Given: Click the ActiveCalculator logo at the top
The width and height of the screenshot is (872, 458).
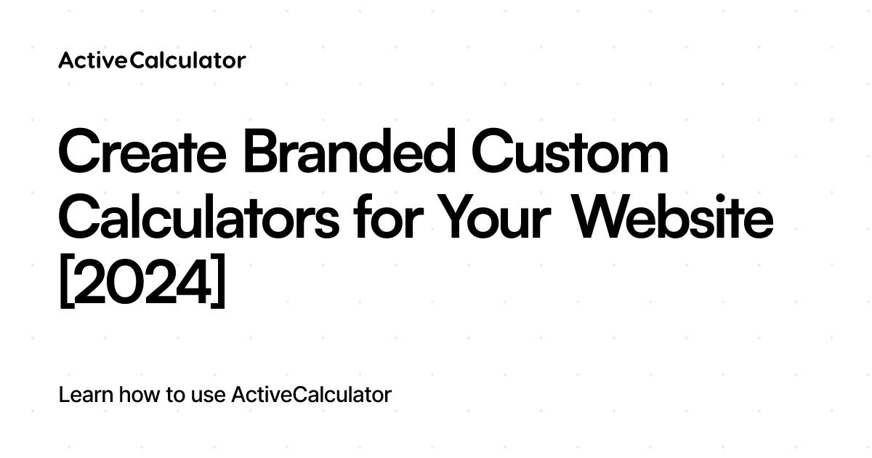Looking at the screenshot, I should [152, 60].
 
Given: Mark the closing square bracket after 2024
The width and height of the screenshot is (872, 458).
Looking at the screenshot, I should [219, 286].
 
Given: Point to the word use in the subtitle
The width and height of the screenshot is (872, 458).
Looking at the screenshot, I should [209, 396].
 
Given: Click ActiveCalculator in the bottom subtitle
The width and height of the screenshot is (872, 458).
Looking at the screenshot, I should [311, 395].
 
